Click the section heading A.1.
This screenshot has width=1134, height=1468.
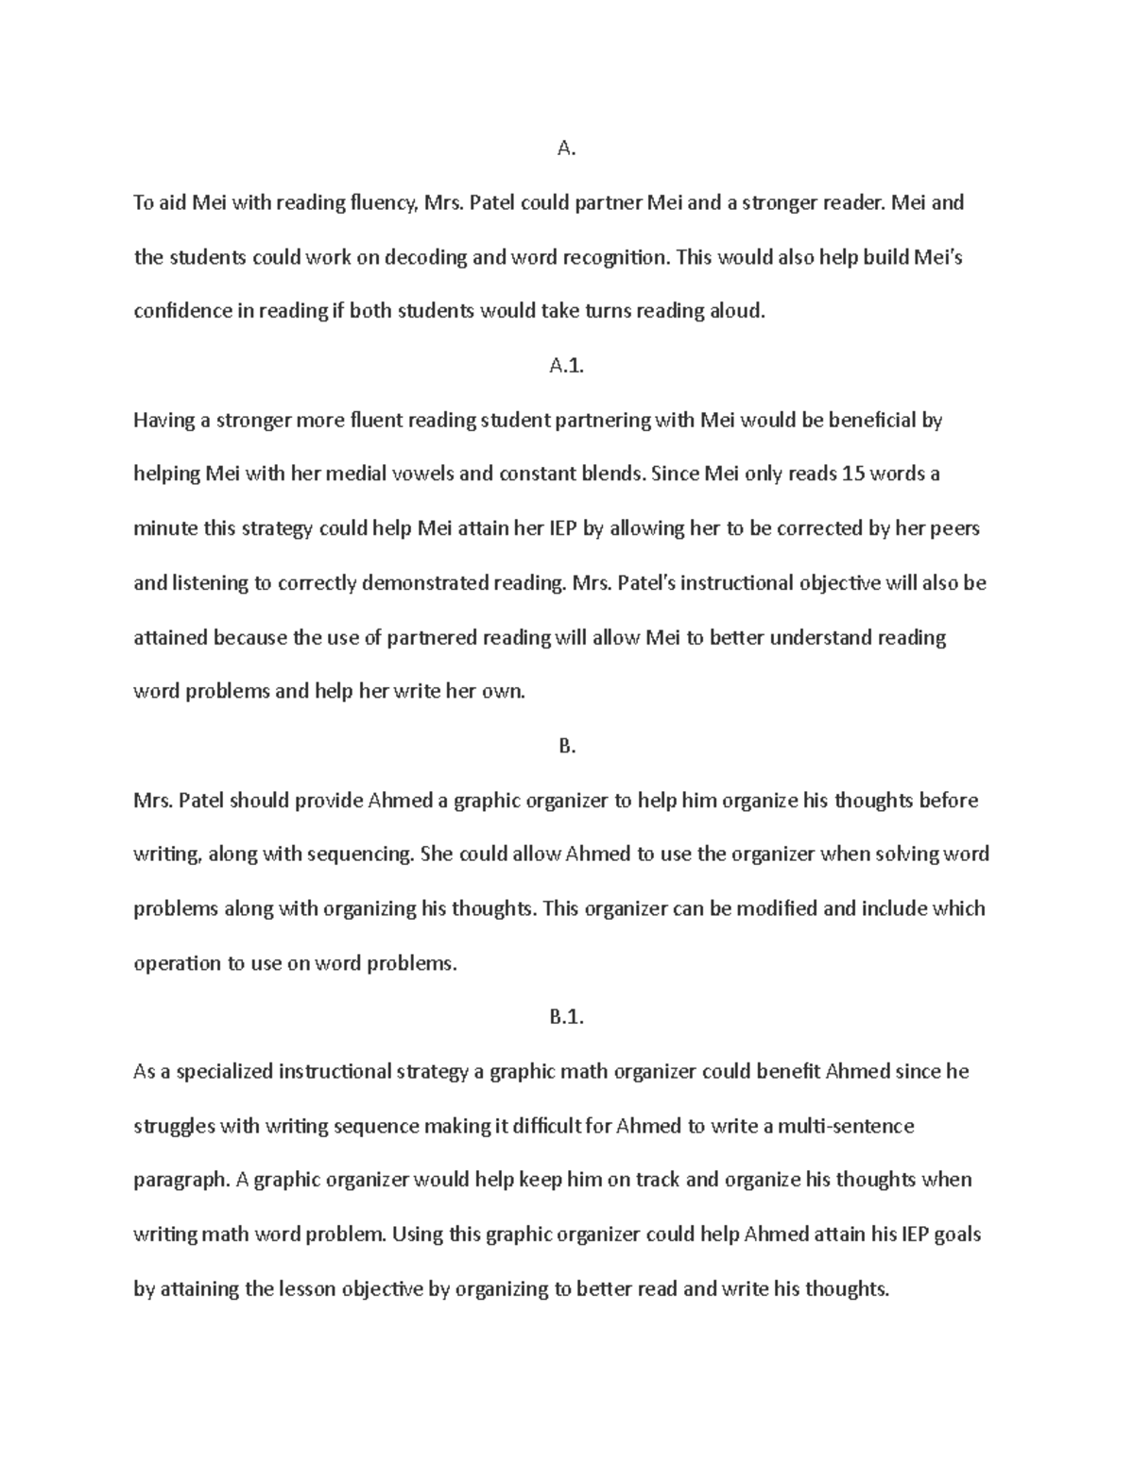566,366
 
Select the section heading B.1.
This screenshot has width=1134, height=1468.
566,1017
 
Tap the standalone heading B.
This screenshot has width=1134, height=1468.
566,746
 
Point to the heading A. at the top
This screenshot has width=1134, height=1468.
566,147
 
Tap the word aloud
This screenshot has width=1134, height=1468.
736,311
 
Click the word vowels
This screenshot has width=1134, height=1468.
415,475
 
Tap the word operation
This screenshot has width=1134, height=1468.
175,964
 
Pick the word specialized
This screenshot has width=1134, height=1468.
224,1072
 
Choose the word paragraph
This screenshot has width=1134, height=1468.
180,1181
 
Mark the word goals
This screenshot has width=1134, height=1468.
956,1235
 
